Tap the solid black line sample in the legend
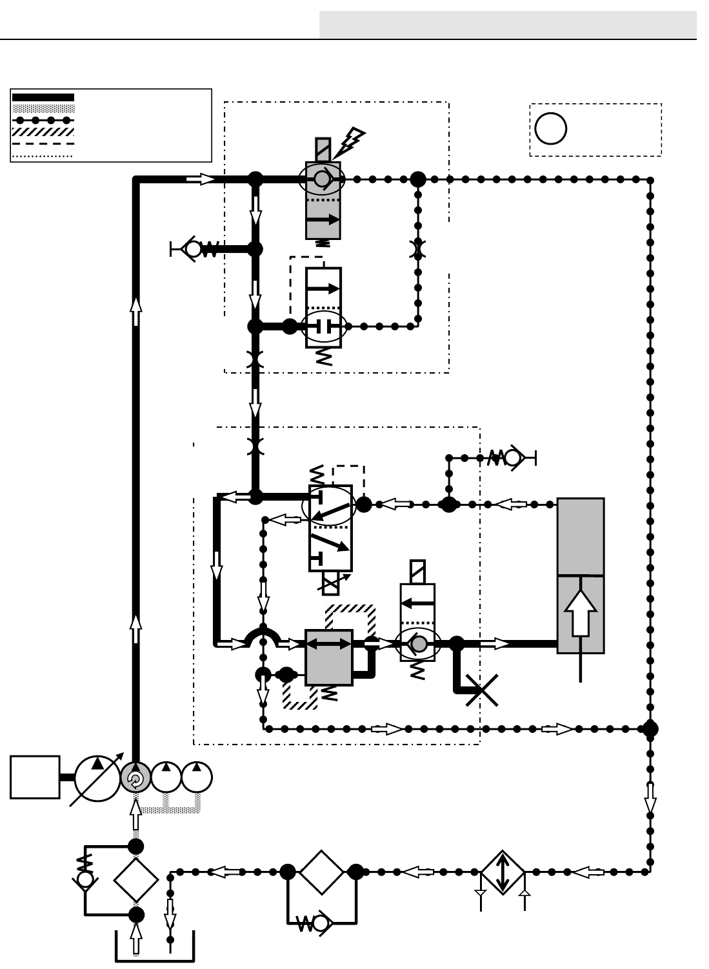pos(43,97)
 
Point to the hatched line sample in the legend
pos(43,131)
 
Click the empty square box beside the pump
pos(35,777)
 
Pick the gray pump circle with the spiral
pos(135,778)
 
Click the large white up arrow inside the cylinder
pos(581,612)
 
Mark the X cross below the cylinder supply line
pos(481,691)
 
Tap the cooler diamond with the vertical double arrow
pos(503,872)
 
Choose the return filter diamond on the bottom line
pos(321,872)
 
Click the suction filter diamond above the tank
pos(136,880)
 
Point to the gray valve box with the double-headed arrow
pos(328,657)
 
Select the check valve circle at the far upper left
pos(193,248)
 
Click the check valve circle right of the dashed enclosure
pos(513,457)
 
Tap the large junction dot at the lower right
pos(650,729)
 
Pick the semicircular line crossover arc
pos(262,638)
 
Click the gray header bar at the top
pos(508,25)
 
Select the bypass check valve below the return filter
pos(321,924)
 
